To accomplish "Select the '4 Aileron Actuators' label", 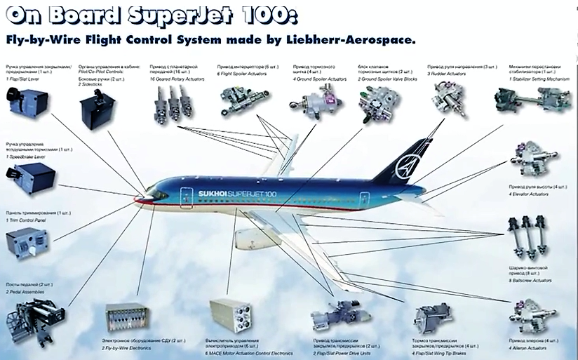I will coord(532,347).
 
